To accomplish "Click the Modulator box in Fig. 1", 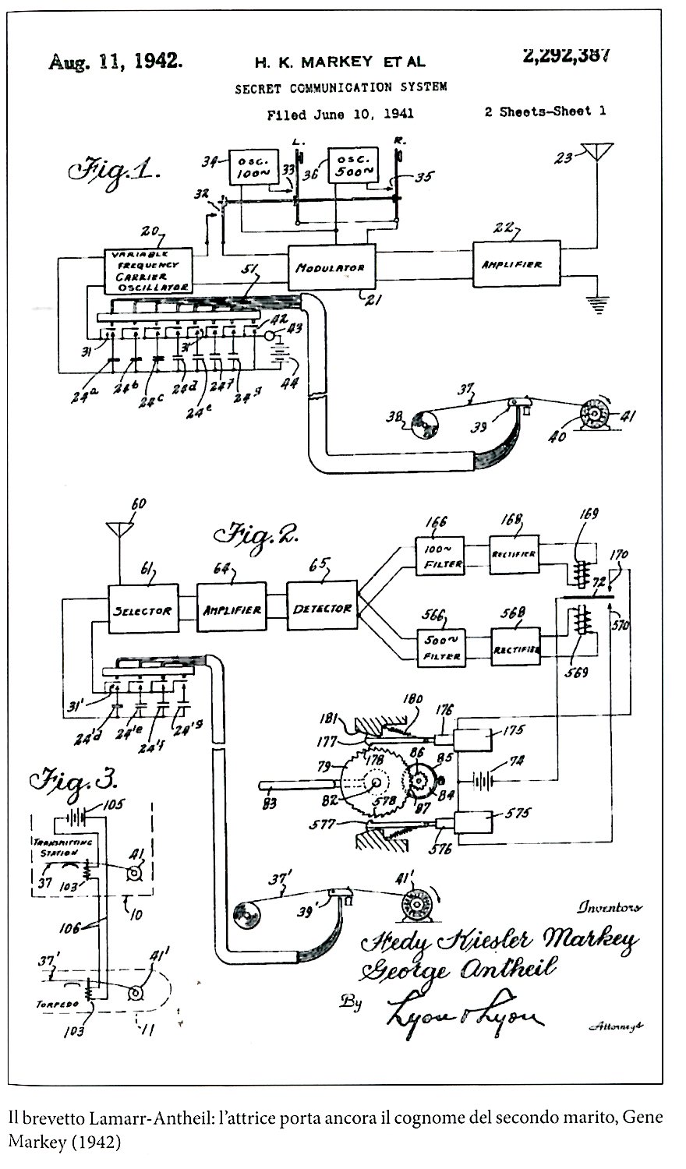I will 331,267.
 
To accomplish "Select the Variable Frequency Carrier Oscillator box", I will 148,270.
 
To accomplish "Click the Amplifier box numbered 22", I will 518,264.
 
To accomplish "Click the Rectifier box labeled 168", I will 514,553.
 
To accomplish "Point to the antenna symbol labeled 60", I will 118,530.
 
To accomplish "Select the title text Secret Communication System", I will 341,88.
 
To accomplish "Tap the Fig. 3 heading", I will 73,782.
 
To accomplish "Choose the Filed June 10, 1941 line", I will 340,115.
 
